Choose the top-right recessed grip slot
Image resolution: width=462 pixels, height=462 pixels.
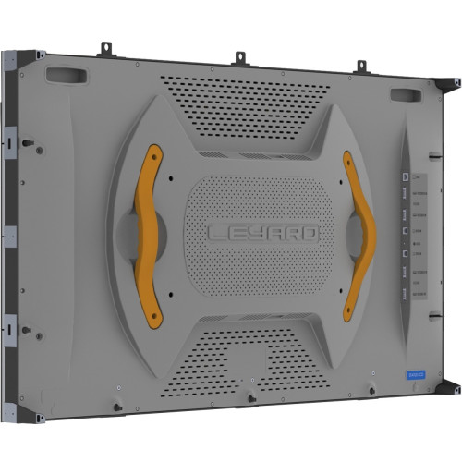pyautogui.click(x=407, y=94)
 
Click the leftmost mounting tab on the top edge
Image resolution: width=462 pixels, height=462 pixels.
pyautogui.click(x=105, y=46)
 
